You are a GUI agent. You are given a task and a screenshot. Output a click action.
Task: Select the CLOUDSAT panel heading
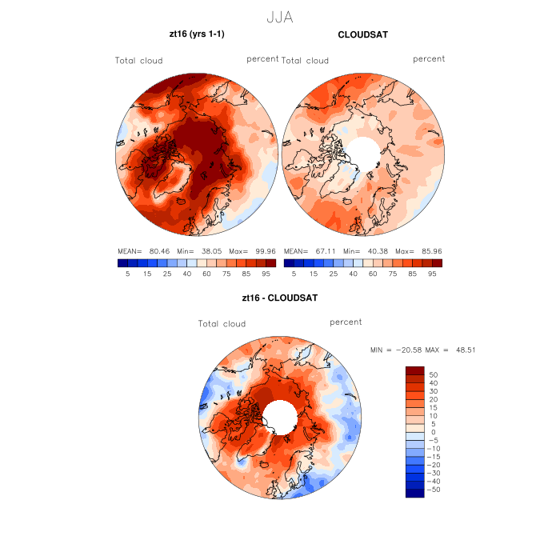point(362,35)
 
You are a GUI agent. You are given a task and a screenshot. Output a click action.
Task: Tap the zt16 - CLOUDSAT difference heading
point(280,298)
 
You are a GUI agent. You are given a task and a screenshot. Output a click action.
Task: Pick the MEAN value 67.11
point(323,250)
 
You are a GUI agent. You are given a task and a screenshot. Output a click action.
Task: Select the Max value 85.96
point(427,250)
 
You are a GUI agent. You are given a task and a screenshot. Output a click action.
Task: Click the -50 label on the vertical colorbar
point(432,489)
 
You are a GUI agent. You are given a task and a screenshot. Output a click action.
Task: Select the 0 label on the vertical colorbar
point(434,432)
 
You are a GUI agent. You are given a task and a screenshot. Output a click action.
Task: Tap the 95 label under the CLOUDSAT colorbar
point(431,274)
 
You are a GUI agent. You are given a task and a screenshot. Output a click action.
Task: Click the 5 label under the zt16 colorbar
point(128,274)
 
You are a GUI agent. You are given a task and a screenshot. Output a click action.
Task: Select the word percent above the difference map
point(346,322)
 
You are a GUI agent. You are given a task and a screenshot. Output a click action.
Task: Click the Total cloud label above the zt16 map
point(138,61)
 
